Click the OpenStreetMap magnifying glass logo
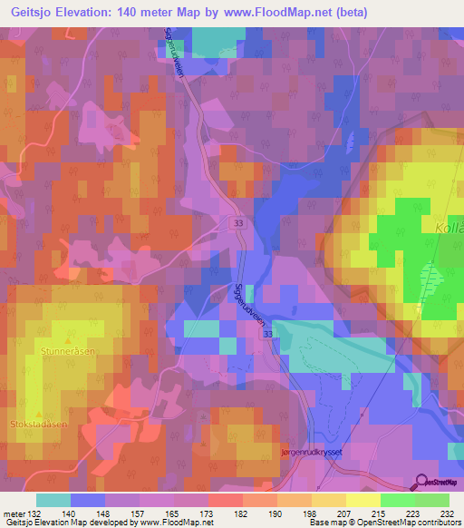click(x=422, y=483)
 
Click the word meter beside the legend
click(x=14, y=512)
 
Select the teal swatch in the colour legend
click(x=53, y=500)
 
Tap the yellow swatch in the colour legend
click(x=362, y=500)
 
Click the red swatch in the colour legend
click(x=225, y=500)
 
